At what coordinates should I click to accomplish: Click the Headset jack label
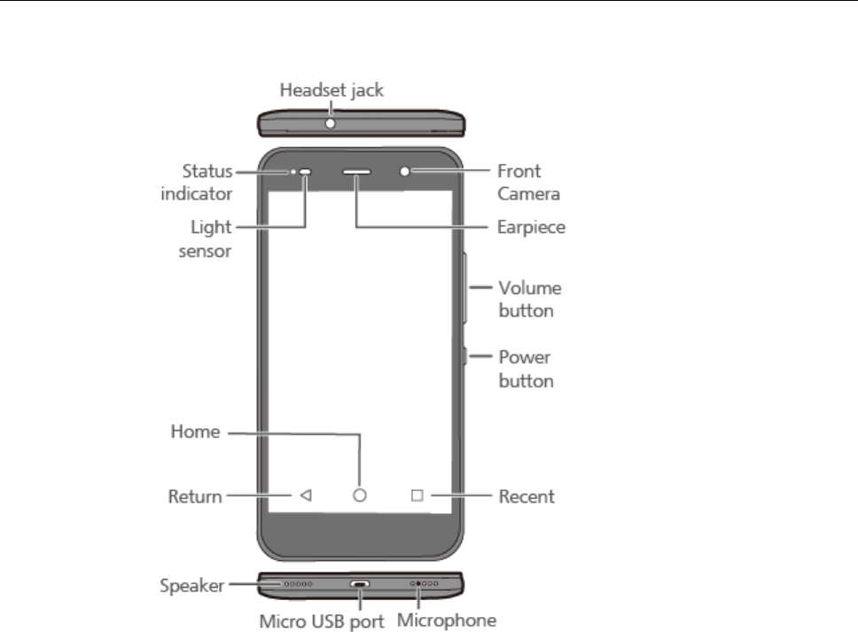[332, 90]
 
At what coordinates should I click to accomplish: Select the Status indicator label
[207, 181]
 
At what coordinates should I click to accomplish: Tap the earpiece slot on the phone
[356, 171]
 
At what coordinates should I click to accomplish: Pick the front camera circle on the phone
[406, 171]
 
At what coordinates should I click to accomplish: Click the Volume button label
[529, 299]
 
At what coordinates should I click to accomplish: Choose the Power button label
[526, 369]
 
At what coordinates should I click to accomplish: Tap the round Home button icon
[359, 496]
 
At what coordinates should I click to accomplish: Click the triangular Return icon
[305, 496]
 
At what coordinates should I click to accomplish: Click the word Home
[195, 433]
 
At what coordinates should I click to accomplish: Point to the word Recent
[526, 496]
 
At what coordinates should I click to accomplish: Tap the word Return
[195, 496]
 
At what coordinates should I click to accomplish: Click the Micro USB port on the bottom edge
[359, 585]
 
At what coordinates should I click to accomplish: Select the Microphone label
[446, 620]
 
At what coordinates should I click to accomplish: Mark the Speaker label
[191, 585]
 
